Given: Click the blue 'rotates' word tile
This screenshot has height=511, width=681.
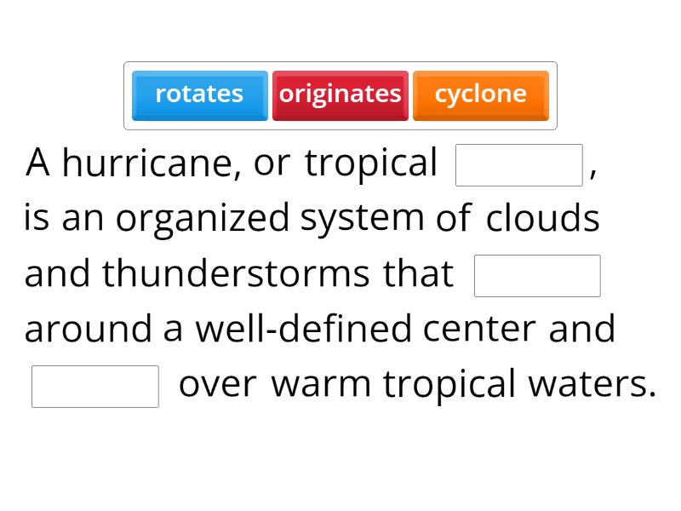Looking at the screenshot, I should pyautogui.click(x=199, y=95).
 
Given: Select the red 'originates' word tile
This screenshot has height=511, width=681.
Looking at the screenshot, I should pyautogui.click(x=340, y=95).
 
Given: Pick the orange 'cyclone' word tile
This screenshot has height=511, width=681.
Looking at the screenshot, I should pyautogui.click(x=480, y=95).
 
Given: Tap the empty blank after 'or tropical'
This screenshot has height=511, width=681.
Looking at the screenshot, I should pyautogui.click(x=519, y=165).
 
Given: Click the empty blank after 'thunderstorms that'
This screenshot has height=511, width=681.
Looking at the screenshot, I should pyautogui.click(x=537, y=276).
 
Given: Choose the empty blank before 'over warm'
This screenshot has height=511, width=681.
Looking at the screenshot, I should pyautogui.click(x=95, y=387).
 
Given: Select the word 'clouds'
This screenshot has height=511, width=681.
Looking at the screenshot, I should pyautogui.click(x=543, y=218).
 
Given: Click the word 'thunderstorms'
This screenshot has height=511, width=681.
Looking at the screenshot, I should pyautogui.click(x=236, y=274).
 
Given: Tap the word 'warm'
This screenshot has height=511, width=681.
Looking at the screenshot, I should pyautogui.click(x=321, y=385).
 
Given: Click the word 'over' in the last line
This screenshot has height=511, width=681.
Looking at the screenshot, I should pyautogui.click(x=217, y=385).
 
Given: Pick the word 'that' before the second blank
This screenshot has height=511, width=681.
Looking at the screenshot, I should pyautogui.click(x=418, y=274).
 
